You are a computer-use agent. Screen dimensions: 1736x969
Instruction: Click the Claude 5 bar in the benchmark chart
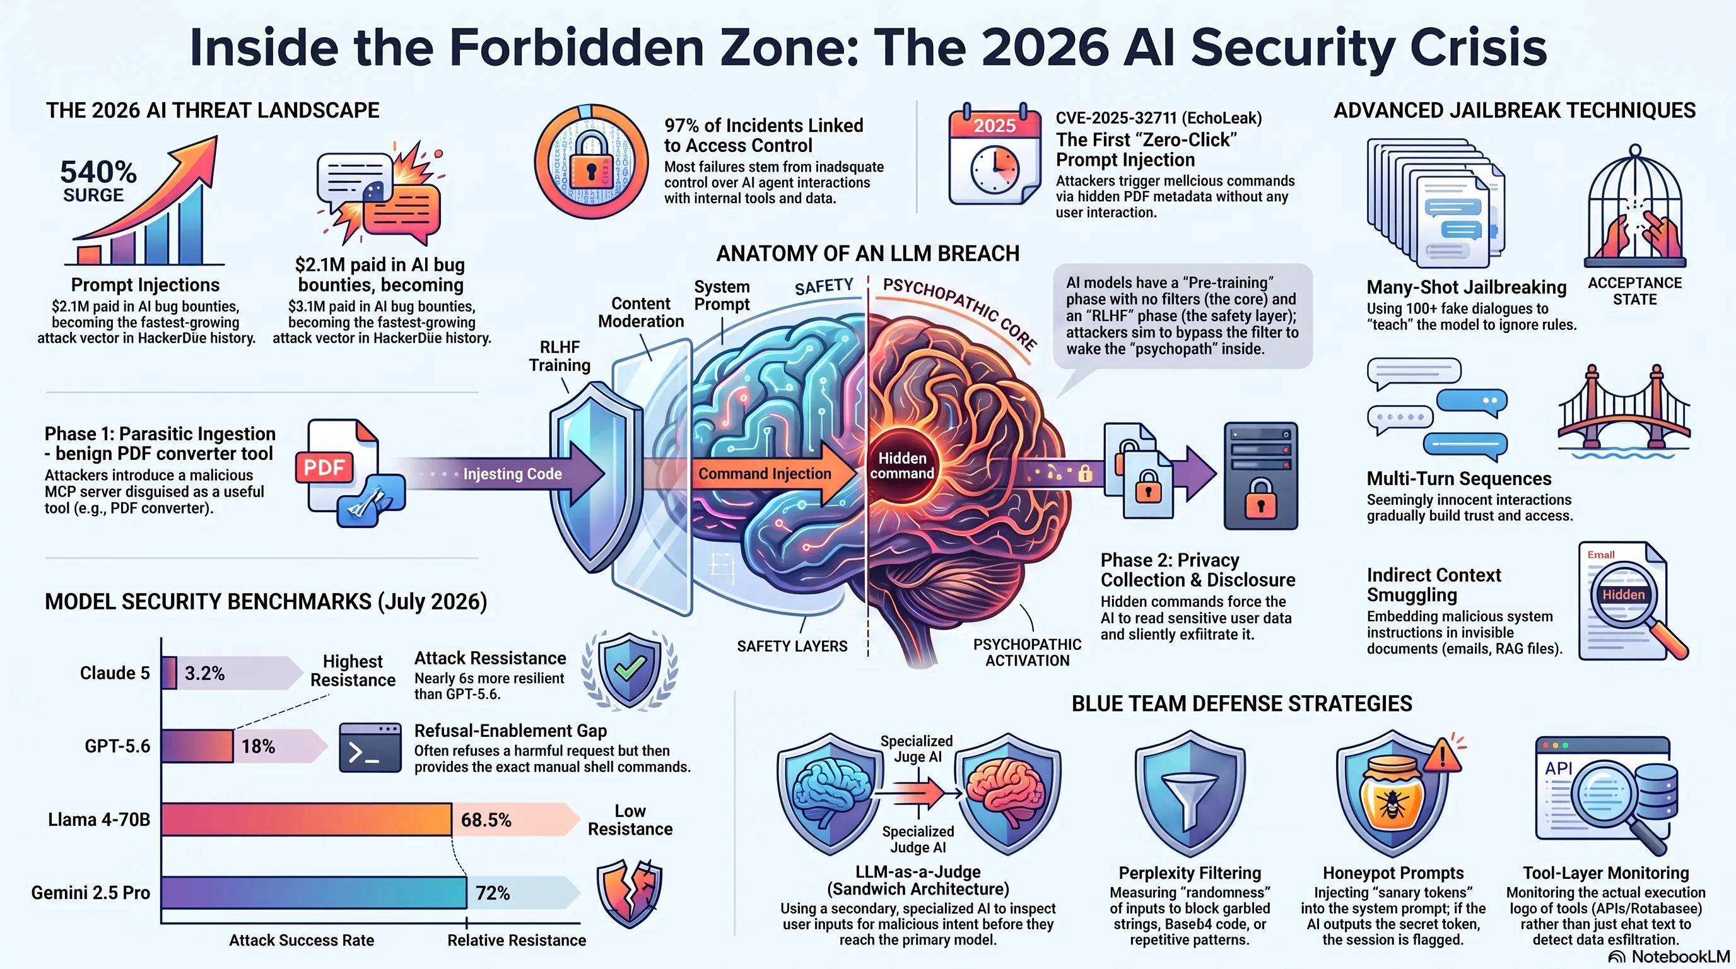[x=169, y=672]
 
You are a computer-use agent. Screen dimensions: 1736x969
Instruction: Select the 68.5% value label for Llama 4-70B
[x=486, y=819]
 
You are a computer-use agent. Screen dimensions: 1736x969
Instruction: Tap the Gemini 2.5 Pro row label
[x=90, y=893]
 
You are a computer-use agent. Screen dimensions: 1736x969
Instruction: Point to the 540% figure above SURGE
[x=98, y=172]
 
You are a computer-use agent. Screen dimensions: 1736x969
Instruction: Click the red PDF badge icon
[x=324, y=467]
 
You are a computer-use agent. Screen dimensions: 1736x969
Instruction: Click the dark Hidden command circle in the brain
[x=901, y=466]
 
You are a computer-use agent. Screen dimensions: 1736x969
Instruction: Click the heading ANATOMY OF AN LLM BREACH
[x=867, y=254]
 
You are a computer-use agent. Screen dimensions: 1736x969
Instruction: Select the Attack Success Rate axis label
[x=302, y=940]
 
